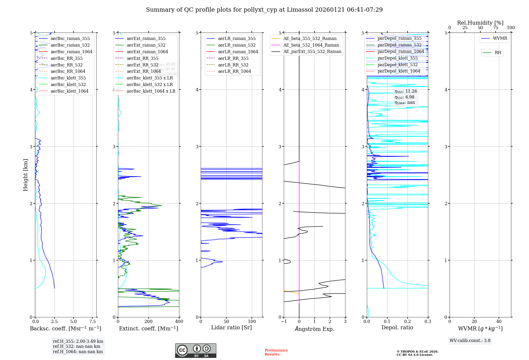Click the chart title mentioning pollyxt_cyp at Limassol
(264, 10)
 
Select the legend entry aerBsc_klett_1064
(70, 91)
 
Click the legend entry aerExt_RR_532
(143, 65)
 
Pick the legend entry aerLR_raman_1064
(238, 52)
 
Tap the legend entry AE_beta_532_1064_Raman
(311, 45)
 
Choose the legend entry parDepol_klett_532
(398, 65)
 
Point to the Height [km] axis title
(25, 175)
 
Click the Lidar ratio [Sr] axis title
(231, 327)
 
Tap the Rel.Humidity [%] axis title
(480, 23)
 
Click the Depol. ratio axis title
(397, 327)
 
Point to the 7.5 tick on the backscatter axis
(92, 321)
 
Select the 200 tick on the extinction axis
(149, 321)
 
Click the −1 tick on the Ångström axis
(284, 321)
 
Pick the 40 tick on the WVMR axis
(499, 321)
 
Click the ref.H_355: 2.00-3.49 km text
(78, 341)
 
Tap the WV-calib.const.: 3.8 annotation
(470, 340)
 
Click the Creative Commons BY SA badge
(195, 350)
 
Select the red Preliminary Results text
(276, 352)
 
